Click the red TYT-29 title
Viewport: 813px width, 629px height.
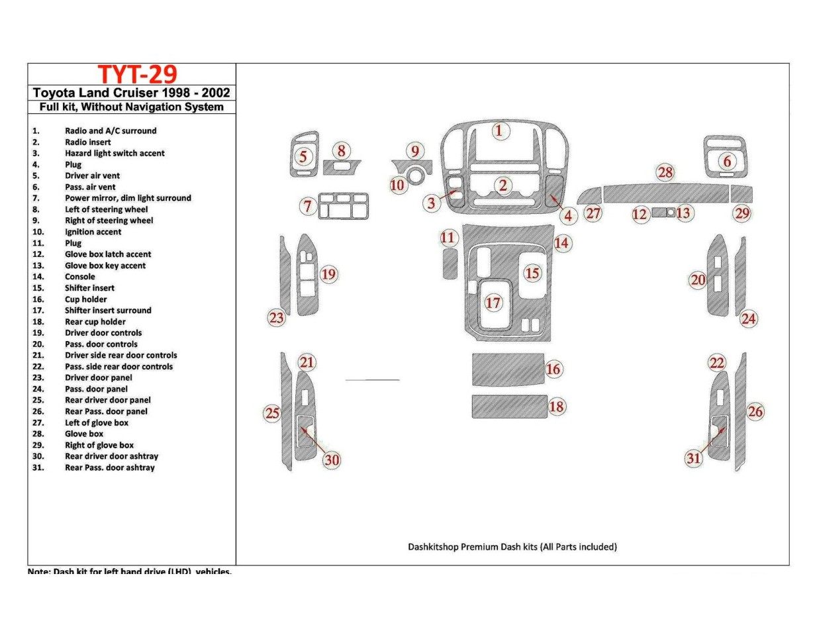[137, 74]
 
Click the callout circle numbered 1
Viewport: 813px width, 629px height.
[500, 130]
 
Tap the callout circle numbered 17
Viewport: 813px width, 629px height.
[493, 303]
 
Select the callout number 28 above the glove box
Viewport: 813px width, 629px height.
[665, 173]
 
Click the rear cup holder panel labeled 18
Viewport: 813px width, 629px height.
[508, 407]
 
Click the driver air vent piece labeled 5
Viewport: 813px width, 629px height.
[304, 156]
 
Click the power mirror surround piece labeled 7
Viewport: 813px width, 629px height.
[344, 206]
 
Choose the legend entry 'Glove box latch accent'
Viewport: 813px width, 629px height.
[108, 254]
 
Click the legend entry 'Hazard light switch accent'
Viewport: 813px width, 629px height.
[115, 153]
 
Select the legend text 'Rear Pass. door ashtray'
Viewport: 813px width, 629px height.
[110, 467]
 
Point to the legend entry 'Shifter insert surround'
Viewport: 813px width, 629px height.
[108, 310]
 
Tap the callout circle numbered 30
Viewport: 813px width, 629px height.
[332, 460]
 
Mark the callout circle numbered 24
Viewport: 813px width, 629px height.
[748, 319]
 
